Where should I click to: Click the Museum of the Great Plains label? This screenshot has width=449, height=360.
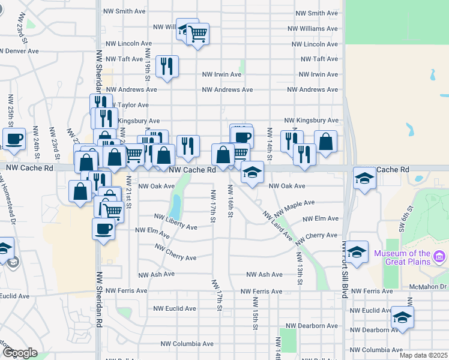tap(402, 257)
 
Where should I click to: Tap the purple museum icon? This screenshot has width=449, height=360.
tap(440, 257)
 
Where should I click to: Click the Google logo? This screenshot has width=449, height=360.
tap(20, 353)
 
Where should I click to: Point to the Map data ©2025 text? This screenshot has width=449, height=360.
tap(423, 355)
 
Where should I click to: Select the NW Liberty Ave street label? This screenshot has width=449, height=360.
tap(175, 222)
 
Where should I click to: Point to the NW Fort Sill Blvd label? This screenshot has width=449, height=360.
tap(345, 264)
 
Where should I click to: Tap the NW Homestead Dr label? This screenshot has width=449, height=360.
tap(7, 199)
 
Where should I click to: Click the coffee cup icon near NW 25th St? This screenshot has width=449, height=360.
tap(14, 139)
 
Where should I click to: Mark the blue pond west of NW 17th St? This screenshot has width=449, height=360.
tap(176, 206)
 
